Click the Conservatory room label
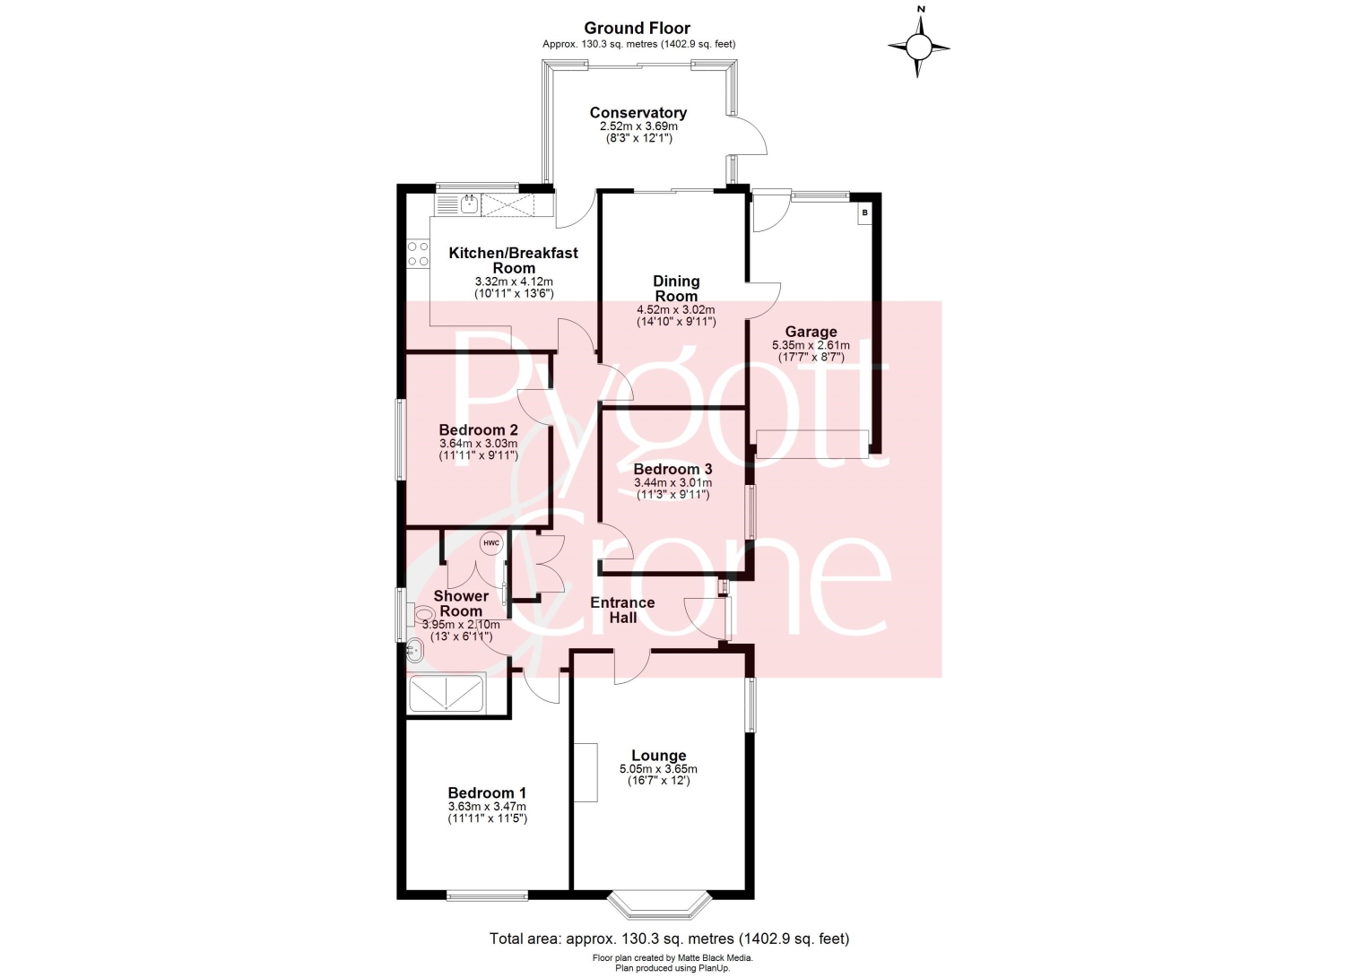(x=638, y=112)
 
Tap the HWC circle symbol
(x=491, y=543)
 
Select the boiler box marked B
(x=864, y=212)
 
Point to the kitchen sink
(x=469, y=204)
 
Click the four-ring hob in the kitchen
(x=418, y=254)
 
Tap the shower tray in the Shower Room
(x=447, y=694)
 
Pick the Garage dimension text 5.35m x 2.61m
(x=811, y=345)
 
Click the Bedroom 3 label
(x=672, y=469)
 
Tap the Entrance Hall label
(x=622, y=610)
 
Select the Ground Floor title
(x=637, y=28)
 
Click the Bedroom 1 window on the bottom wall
(x=487, y=896)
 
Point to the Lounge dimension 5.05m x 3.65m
(x=659, y=769)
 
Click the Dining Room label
(x=676, y=288)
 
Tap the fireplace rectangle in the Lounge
(x=586, y=772)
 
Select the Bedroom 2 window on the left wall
(x=400, y=440)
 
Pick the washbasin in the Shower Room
(x=415, y=650)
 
